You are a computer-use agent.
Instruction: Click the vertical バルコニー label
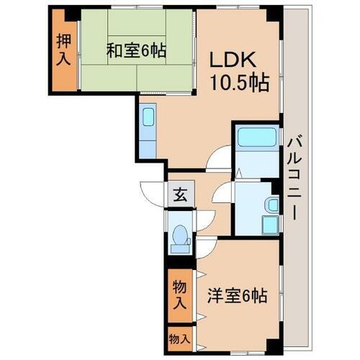tap(294, 176)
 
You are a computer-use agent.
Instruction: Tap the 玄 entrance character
tap(180, 195)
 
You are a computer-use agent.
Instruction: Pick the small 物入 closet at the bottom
tap(181, 338)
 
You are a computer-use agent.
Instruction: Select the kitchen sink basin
tap(148, 118)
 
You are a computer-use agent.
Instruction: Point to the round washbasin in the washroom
tap(272, 204)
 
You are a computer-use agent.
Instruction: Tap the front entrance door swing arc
tap(153, 193)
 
